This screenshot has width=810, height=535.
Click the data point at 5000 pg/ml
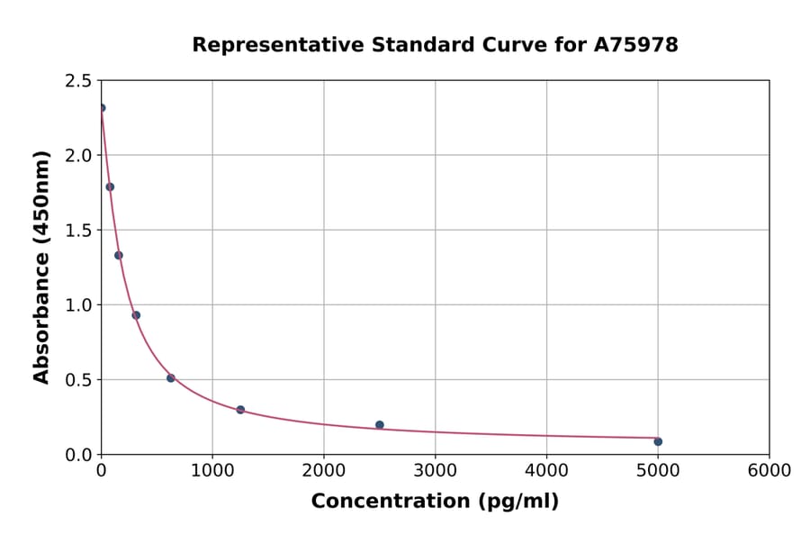click(658, 441)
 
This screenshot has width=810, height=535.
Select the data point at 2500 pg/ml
click(380, 425)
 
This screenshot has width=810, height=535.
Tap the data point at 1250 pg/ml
click(240, 410)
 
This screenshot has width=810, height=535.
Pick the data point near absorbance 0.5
click(171, 378)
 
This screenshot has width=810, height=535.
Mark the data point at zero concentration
click(102, 108)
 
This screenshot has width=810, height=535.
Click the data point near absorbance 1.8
click(110, 187)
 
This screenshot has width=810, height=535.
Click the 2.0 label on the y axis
click(78, 156)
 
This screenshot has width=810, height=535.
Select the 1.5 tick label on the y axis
click(78, 231)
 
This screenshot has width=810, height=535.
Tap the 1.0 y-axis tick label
click(78, 305)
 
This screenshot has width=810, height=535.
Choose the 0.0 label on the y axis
click(78, 455)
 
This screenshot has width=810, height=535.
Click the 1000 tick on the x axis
click(212, 471)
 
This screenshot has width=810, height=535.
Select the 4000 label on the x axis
click(546, 471)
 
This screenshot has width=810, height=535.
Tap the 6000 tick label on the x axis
click(769, 471)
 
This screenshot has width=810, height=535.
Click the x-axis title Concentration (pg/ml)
click(435, 502)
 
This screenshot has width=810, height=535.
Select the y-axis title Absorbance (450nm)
click(41, 267)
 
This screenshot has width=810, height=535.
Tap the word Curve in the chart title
click(488, 45)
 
